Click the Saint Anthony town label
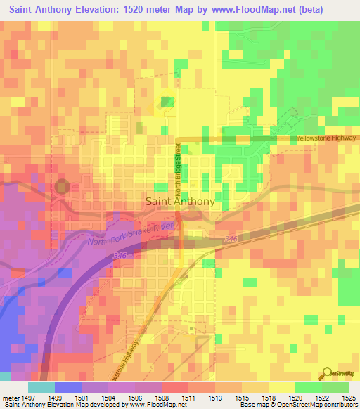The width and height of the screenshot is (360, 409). point(180,201)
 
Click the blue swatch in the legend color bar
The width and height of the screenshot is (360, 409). point(68,387)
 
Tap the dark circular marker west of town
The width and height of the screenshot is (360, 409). point(63,187)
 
